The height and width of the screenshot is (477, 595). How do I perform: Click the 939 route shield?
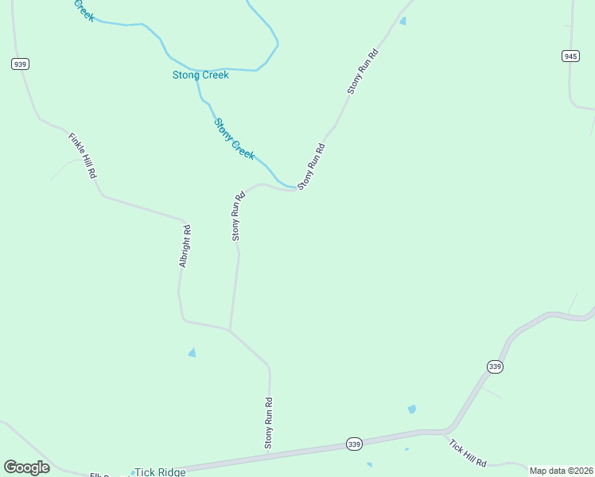pos(21,64)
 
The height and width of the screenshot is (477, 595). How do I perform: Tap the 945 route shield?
pos(570,56)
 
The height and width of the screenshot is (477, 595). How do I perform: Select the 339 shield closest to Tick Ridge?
pos(355,444)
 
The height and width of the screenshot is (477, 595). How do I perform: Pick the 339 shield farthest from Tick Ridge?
pos(495,366)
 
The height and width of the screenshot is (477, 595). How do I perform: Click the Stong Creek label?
pos(200,76)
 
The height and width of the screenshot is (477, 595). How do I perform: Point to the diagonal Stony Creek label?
pos(235,138)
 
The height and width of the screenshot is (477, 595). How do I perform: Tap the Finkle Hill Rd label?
pos(82,156)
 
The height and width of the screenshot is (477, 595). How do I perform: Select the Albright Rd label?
pos(185,246)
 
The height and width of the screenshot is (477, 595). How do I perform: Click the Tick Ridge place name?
pos(160,472)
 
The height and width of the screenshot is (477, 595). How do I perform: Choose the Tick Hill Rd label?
pos(468,452)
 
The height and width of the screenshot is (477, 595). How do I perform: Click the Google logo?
pos(26,467)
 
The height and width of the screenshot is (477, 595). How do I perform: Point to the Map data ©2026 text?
pos(561,471)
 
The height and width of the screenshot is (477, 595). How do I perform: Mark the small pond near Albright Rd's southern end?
pos(192,352)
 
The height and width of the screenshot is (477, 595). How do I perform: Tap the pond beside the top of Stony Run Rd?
pos(402,21)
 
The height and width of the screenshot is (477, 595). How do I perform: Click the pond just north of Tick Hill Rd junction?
pos(411,409)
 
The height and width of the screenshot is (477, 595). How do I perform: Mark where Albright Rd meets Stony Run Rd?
pos(230,329)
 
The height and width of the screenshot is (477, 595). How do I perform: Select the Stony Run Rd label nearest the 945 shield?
pos(362,72)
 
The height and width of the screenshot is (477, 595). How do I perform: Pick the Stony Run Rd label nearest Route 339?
pos(269,422)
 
